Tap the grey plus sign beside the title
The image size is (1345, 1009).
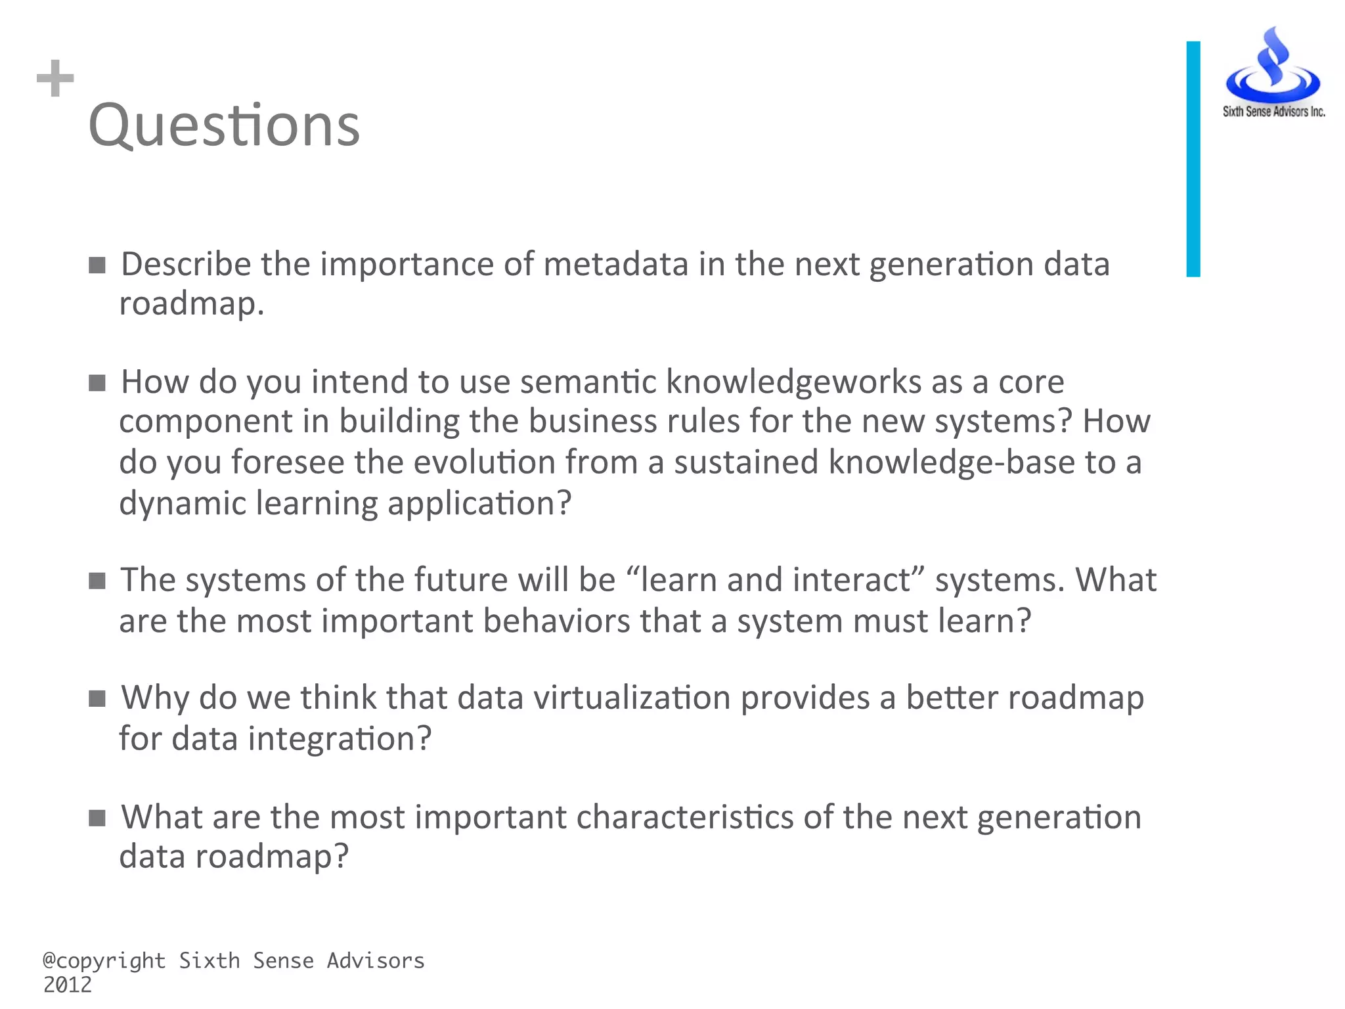click(x=55, y=78)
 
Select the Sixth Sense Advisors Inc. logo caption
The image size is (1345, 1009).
click(x=1273, y=112)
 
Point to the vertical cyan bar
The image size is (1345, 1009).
click(x=1193, y=159)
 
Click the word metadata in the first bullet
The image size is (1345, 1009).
click(x=615, y=264)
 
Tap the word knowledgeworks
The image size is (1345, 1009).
click(x=793, y=382)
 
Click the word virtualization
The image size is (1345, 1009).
click(x=631, y=698)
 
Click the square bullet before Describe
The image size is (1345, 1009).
click(x=97, y=265)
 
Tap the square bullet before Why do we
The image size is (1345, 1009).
click(x=97, y=698)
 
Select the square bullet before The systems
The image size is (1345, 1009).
click(x=97, y=581)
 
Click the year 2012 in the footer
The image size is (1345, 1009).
click(x=68, y=985)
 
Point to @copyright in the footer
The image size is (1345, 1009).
click(x=104, y=960)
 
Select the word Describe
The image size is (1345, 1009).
click(x=186, y=264)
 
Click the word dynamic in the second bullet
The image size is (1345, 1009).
click(x=182, y=504)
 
